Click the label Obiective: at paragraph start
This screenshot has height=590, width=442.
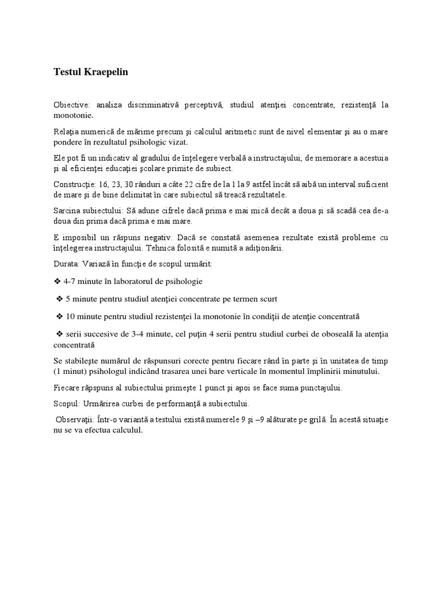71,105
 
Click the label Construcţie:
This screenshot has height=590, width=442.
74,184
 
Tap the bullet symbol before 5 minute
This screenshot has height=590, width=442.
59,299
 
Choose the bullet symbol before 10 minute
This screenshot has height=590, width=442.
59,317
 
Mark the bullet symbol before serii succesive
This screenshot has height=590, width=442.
59,334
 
